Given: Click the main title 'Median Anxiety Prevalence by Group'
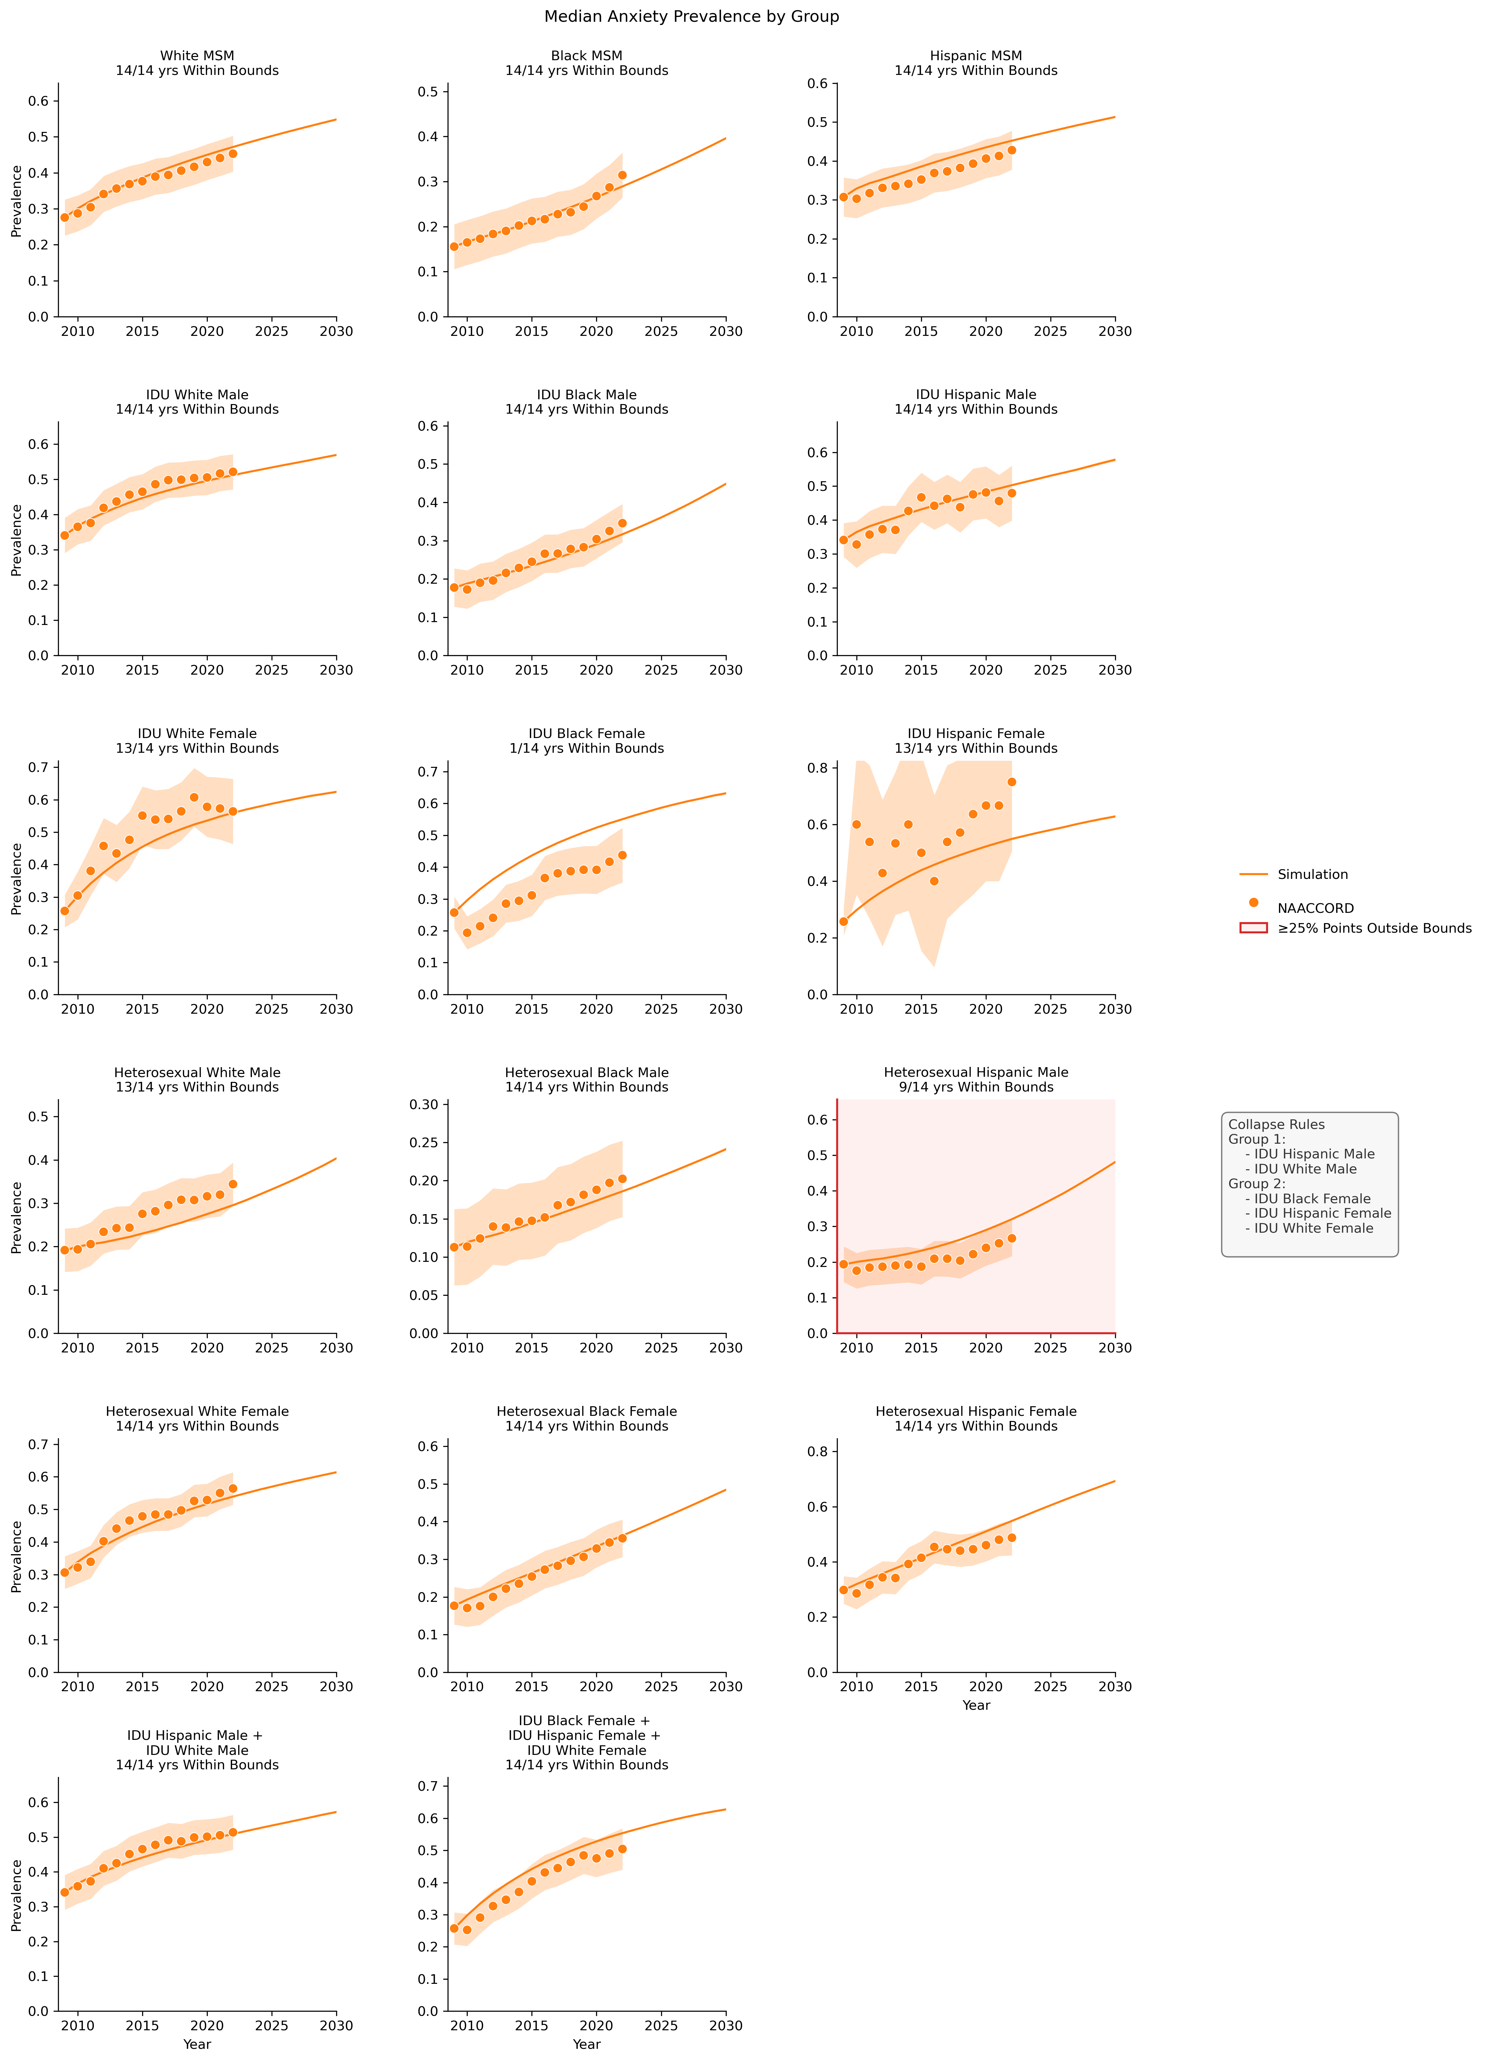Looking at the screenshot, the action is point(691,16).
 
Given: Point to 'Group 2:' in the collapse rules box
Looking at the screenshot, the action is point(1256,1183).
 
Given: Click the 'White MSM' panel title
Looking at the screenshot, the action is point(197,55).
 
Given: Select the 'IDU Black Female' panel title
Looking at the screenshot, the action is point(587,733).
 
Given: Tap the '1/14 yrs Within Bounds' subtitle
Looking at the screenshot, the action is point(587,748).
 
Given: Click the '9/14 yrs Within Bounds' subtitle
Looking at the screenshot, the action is point(976,1087).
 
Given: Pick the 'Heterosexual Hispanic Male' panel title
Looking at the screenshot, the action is point(976,1072).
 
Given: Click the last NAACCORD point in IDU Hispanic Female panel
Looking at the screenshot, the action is point(1012,782).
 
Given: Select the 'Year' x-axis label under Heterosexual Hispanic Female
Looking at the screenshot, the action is point(976,1706).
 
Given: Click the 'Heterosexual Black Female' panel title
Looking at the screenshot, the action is point(587,1411).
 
